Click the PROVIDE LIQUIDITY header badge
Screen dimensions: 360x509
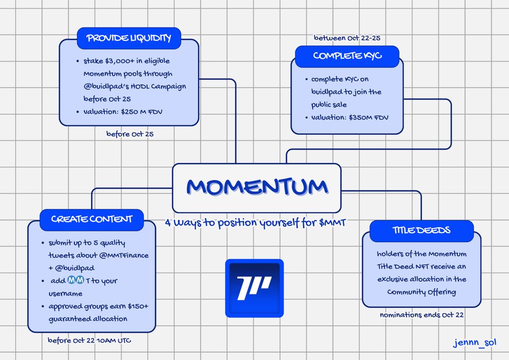point(129,38)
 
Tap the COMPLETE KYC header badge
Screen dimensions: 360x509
point(347,56)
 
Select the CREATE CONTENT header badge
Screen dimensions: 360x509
point(92,219)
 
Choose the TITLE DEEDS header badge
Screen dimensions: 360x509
point(422,230)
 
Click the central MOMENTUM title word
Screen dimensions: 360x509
point(256,187)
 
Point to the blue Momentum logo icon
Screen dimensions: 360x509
point(254,288)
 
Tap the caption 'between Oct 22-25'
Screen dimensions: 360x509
point(347,38)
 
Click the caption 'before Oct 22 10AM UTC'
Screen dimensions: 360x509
point(89,340)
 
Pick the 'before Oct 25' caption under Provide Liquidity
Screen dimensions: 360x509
point(126,134)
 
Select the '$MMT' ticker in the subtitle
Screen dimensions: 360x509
point(331,223)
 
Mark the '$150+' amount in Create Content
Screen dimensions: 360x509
point(141,306)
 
